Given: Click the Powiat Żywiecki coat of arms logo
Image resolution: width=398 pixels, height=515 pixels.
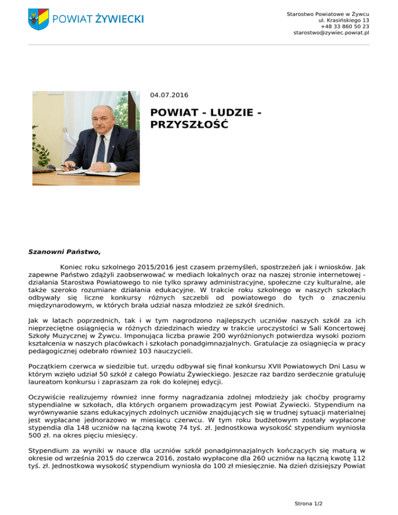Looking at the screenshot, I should point(38,19).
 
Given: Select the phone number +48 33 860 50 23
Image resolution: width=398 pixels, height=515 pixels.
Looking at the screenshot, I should point(345,26).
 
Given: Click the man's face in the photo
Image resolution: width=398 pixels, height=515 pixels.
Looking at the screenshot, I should point(98,115).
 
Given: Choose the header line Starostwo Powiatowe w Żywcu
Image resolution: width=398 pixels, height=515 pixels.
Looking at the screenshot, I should point(328,14).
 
